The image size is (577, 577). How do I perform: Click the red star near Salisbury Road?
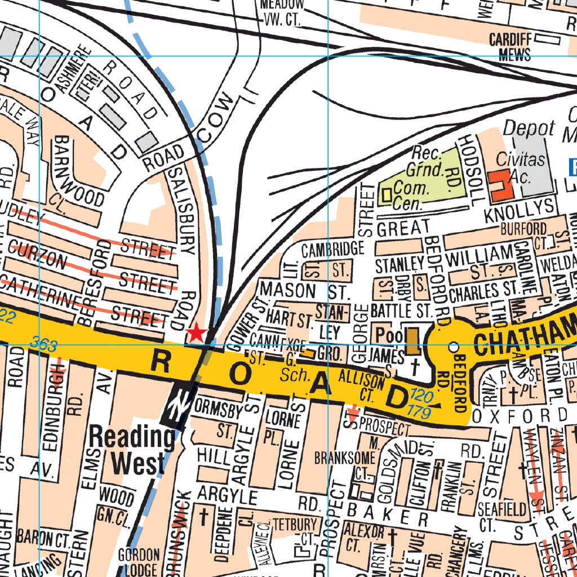[x=196, y=333]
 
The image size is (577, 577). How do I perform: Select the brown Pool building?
[x=412, y=342]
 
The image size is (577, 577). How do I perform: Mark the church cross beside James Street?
[x=415, y=367]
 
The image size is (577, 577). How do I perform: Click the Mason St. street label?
[x=304, y=291]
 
